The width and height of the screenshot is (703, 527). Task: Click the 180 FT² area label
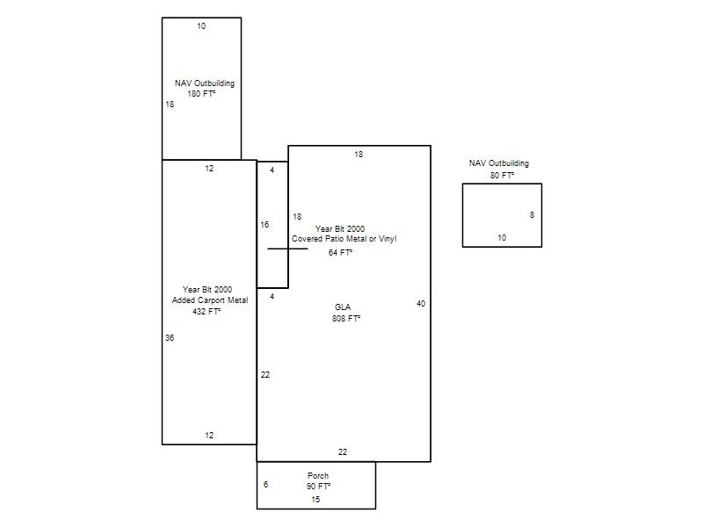[x=201, y=94]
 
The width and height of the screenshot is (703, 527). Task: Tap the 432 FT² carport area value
[x=207, y=311]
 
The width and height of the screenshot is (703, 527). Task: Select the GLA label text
[x=343, y=307]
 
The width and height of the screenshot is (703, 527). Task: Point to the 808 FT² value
[x=346, y=318]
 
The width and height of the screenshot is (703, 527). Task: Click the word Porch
[x=318, y=475]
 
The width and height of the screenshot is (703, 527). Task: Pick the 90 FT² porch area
[x=318, y=487]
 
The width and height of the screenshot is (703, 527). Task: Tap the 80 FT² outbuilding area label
[x=502, y=175]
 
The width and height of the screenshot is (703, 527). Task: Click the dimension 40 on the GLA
[x=421, y=303]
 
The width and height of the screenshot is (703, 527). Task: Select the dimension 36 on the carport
[x=170, y=337]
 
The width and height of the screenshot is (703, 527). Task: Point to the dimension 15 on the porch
[x=315, y=499]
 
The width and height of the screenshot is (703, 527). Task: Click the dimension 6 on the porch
[x=266, y=484]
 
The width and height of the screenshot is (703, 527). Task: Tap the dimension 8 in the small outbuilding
[x=533, y=214]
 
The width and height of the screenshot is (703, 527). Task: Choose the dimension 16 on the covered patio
[x=265, y=224]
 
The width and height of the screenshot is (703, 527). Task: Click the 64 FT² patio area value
[x=340, y=253]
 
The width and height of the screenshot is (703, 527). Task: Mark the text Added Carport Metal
[x=210, y=300]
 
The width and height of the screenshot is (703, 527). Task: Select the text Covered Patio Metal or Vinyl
[x=344, y=239]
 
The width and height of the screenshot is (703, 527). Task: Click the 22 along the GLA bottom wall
[x=343, y=451]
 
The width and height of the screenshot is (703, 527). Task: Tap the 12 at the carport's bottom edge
[x=209, y=435]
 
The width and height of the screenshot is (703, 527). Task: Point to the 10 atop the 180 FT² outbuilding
[x=201, y=26]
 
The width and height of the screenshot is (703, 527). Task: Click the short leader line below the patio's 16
[x=288, y=249]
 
